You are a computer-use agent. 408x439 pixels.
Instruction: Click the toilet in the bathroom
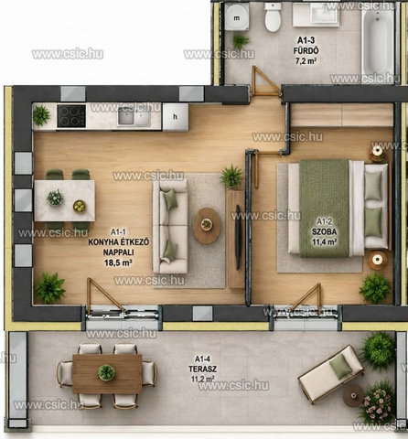click(273, 16)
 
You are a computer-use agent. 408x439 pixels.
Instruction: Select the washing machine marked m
click(237, 17)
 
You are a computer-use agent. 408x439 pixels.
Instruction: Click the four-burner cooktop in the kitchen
click(71, 116)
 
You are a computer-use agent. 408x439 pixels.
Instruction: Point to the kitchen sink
click(134, 116)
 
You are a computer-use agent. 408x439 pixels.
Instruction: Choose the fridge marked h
click(175, 117)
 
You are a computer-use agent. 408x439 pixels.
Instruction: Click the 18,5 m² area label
click(118, 262)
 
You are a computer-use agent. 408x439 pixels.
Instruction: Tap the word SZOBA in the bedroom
click(324, 231)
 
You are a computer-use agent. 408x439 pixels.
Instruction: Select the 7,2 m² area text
click(306, 60)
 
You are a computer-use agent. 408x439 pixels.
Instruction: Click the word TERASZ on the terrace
click(202, 369)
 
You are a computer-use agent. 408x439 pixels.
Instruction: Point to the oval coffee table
click(207, 225)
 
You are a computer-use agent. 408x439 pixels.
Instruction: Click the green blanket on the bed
click(324, 209)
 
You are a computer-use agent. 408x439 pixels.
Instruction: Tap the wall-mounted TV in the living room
click(238, 237)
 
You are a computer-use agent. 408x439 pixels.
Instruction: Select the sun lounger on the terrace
click(331, 373)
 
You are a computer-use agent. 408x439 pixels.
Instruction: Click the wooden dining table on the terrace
click(107, 373)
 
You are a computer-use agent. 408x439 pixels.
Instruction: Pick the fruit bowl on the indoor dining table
click(80, 207)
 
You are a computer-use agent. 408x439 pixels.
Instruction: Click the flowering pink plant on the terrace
click(377, 401)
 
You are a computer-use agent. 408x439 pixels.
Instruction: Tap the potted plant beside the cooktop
click(41, 115)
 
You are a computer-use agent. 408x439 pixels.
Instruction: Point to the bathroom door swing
click(264, 80)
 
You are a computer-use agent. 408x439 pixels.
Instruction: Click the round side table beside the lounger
click(354, 395)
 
